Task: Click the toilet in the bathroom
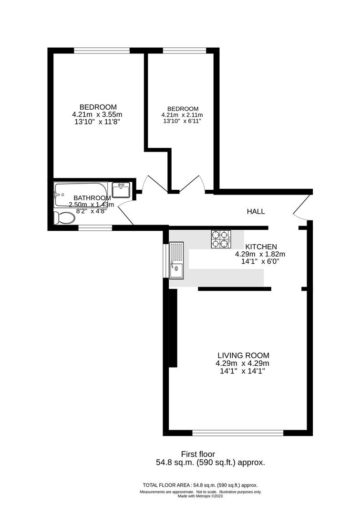pyautogui.click(x=64, y=218)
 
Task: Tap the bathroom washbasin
pyautogui.click(x=122, y=189)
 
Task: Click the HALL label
pyautogui.click(x=256, y=211)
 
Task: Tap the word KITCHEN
pyautogui.click(x=261, y=247)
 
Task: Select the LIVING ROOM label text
pyautogui.click(x=243, y=355)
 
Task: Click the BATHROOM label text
pyautogui.click(x=92, y=198)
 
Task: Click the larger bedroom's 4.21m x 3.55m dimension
pyautogui.click(x=97, y=114)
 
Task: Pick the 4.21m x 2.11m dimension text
pyautogui.click(x=182, y=115)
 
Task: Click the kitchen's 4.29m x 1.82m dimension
pyautogui.click(x=258, y=254)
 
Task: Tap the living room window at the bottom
pyautogui.click(x=238, y=433)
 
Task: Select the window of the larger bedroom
pyautogui.click(x=102, y=50)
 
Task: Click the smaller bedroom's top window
pyautogui.click(x=185, y=50)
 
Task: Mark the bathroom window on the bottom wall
pyautogui.click(x=95, y=227)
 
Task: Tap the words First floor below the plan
pyautogui.click(x=198, y=454)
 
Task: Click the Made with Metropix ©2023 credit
pyautogui.click(x=200, y=496)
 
